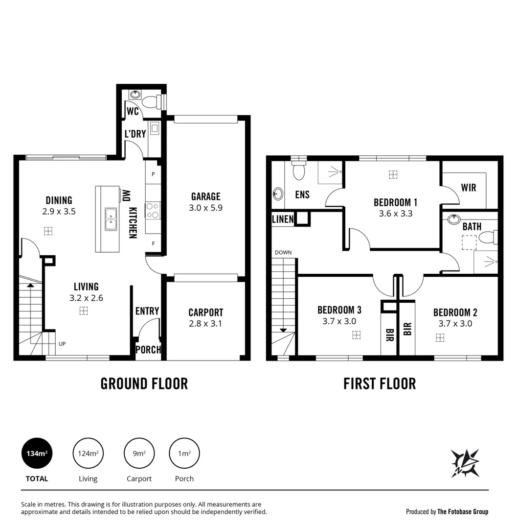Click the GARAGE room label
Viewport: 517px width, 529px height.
point(205,196)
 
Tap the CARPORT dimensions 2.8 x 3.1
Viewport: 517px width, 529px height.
point(205,323)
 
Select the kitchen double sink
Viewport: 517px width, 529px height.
point(111,219)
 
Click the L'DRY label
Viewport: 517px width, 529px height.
point(135,134)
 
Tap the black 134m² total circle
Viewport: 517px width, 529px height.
point(37,453)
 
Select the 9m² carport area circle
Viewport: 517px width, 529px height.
point(139,453)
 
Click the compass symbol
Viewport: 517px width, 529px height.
point(465,463)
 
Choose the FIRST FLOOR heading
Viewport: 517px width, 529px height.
point(380,384)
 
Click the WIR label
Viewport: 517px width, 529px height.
point(468,188)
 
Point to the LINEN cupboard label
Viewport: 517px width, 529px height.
point(283,219)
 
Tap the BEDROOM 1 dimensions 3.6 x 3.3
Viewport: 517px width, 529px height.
point(395,214)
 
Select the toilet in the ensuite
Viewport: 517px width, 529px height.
point(298,171)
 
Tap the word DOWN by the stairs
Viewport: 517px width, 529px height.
point(283,253)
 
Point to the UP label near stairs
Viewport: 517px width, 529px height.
point(62,344)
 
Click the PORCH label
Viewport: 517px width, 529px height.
point(148,350)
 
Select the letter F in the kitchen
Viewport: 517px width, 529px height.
point(153,243)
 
